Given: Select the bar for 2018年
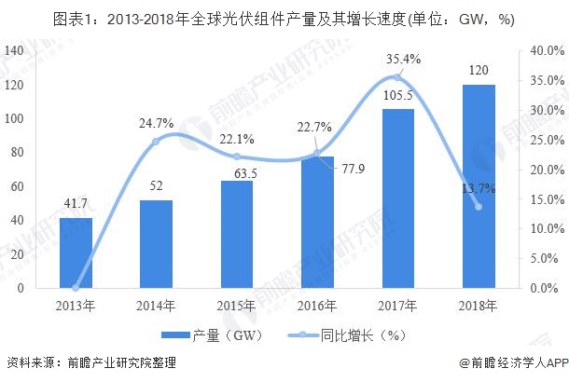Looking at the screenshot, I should [479, 186].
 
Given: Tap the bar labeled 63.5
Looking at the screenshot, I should [237, 234].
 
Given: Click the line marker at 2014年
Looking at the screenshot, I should [157, 141].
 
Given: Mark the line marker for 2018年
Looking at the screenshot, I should [479, 206].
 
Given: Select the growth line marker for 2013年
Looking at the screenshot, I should [76, 288].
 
